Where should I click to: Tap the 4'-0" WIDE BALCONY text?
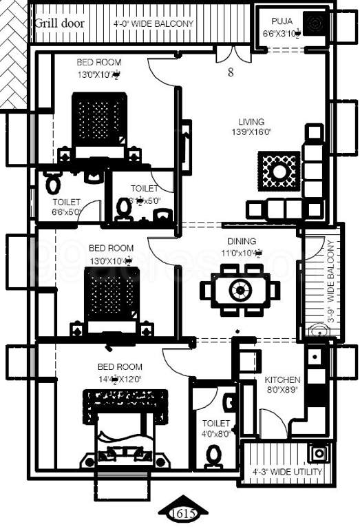(153, 23)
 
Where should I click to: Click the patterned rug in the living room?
(278, 169)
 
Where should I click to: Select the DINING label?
(242, 242)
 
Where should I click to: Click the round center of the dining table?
(240, 289)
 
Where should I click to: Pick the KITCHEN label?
(282, 380)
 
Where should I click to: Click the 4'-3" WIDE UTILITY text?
(288, 472)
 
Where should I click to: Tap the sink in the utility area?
(319, 454)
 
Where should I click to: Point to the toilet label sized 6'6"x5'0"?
(66, 207)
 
